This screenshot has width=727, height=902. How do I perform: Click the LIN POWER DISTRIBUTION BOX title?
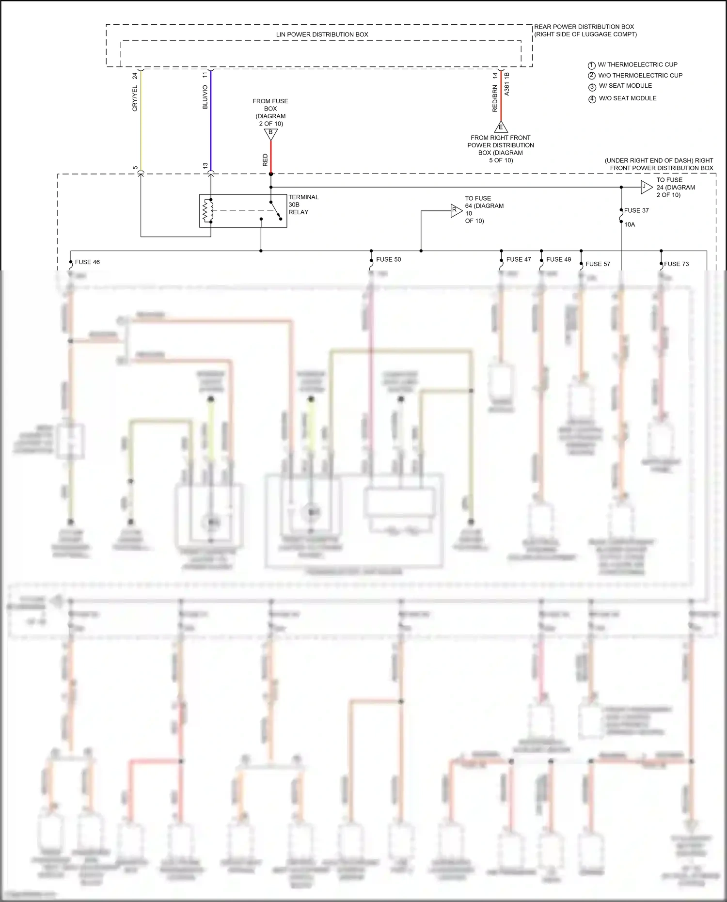[x=322, y=34]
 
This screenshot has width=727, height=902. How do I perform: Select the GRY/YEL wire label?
[x=135, y=98]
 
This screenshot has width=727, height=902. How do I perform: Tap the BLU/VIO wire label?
[x=205, y=97]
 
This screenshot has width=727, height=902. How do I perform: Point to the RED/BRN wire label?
[x=495, y=99]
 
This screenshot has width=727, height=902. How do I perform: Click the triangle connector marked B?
[x=271, y=133]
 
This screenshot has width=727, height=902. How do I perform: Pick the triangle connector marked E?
[x=501, y=127]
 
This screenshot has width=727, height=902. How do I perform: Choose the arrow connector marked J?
[x=646, y=187]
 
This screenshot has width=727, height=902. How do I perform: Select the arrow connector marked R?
[x=456, y=210]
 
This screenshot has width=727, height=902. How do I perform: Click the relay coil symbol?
[x=208, y=210]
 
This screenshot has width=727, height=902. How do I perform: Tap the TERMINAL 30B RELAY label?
[x=303, y=205]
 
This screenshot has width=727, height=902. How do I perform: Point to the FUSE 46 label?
[x=87, y=262]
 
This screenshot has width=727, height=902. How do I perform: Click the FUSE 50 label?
[x=389, y=259]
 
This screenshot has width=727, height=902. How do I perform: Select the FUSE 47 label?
[x=519, y=259]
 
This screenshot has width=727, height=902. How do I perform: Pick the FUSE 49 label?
[x=558, y=259]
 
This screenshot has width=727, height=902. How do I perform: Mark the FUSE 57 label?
[x=598, y=264]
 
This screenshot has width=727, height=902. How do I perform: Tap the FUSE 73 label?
[x=676, y=264]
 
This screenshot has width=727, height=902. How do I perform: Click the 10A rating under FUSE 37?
[x=630, y=224]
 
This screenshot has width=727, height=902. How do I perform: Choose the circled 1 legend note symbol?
[x=591, y=65]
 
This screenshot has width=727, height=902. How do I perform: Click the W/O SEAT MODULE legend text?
[x=628, y=98]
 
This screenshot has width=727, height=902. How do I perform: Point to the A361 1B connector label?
[x=507, y=84]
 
